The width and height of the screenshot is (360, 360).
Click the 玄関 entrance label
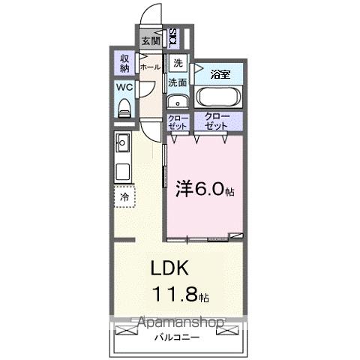(150, 40)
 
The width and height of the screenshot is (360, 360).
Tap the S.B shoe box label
(173, 37)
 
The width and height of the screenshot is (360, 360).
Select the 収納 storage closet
(123, 63)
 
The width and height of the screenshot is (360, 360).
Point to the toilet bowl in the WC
(124, 108)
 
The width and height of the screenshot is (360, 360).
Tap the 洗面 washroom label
(177, 82)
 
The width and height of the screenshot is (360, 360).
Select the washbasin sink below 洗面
(178, 103)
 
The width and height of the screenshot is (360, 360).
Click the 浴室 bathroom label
(219, 74)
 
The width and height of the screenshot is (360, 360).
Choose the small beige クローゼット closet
(177, 122)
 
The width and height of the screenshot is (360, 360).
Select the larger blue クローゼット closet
(217, 122)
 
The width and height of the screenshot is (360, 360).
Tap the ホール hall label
(150, 66)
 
